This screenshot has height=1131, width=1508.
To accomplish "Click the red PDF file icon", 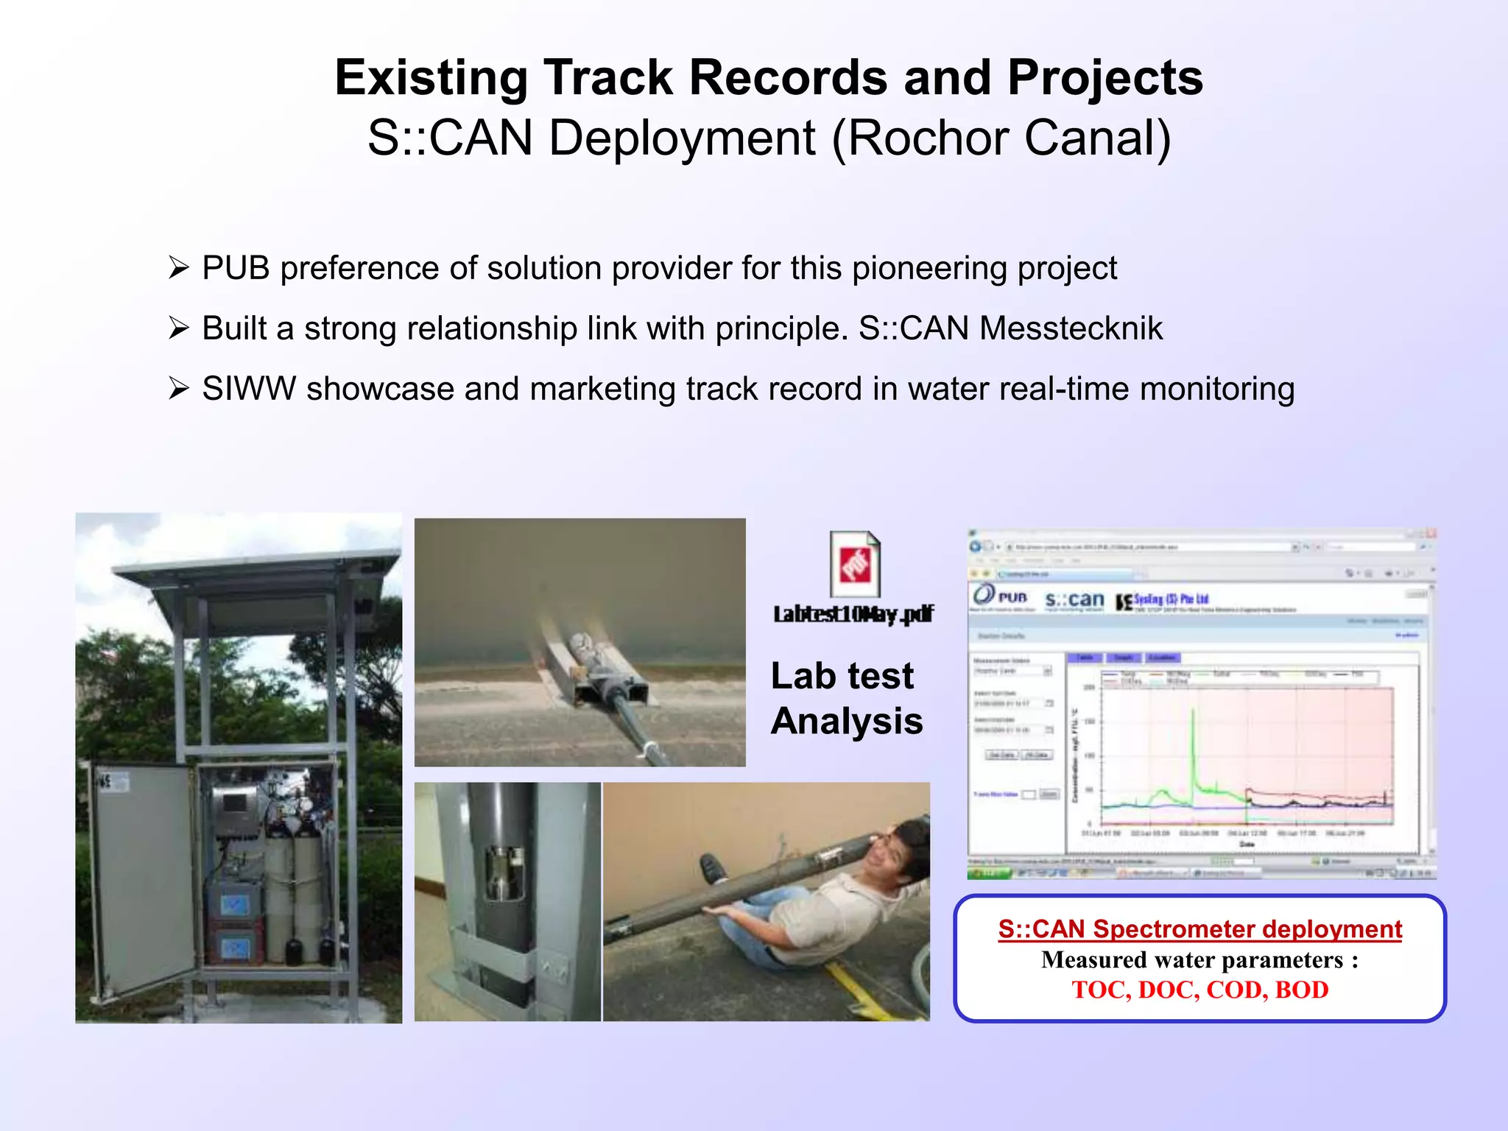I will [x=855, y=565].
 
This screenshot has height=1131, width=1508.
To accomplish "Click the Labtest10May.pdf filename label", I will [x=853, y=614].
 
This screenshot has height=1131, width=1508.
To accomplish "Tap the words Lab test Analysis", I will [x=846, y=698].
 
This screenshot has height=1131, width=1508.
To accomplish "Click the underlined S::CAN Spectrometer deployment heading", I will [x=1199, y=929].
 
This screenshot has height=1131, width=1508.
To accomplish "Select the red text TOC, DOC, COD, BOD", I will [x=1199, y=990].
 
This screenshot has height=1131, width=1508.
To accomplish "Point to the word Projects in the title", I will [x=1104, y=78].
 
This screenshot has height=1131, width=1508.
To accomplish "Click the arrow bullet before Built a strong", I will [x=179, y=328].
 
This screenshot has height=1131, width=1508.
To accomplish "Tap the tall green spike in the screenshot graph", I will [x=1193, y=744].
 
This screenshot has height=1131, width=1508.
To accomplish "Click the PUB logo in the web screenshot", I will [x=1000, y=596].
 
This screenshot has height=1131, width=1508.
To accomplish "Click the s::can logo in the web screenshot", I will [x=1074, y=600].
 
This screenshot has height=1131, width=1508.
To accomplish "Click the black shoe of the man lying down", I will [x=713, y=869].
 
